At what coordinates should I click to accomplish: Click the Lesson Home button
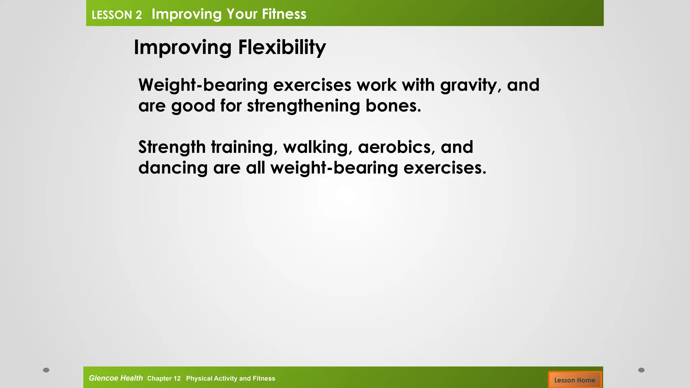pyautogui.click(x=574, y=380)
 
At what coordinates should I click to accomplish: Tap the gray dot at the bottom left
pyautogui.click(x=46, y=370)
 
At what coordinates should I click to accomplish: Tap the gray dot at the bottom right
pyautogui.click(x=641, y=370)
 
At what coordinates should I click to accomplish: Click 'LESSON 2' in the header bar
pyautogui.click(x=117, y=15)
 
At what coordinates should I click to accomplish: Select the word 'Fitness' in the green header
pyautogui.click(x=284, y=14)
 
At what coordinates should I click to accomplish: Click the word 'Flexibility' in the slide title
pyautogui.click(x=282, y=47)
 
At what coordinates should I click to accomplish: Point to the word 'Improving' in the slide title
pyautogui.click(x=183, y=47)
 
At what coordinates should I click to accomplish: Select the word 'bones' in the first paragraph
pyautogui.click(x=393, y=106)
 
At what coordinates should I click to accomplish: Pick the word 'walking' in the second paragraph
pyautogui.click(x=317, y=147)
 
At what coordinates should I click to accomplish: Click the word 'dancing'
pyautogui.click(x=173, y=168)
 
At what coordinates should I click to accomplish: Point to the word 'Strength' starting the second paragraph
pyautogui.click(x=172, y=147)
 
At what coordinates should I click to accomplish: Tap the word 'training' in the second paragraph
pyautogui.click(x=244, y=147)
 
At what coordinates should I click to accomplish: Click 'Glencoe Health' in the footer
pyautogui.click(x=116, y=378)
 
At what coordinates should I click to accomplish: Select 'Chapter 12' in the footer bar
pyautogui.click(x=164, y=379)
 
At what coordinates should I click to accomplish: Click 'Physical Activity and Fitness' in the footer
pyautogui.click(x=230, y=379)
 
